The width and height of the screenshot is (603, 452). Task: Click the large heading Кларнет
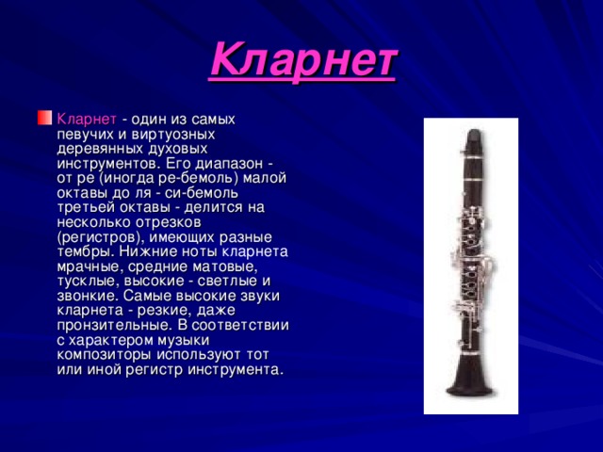pyautogui.click(x=303, y=59)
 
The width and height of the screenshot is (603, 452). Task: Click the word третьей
pyautogui.click(x=88, y=208)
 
